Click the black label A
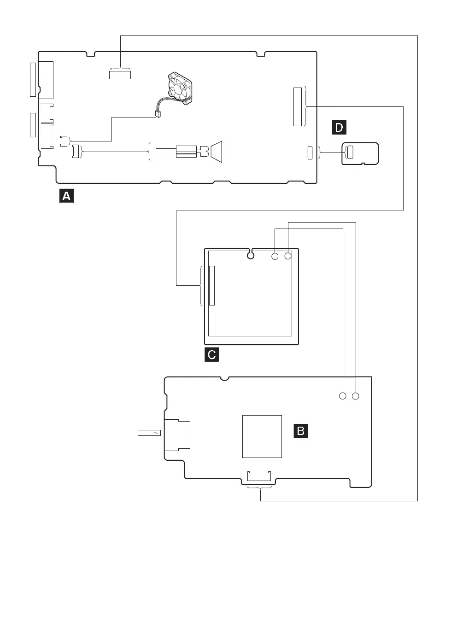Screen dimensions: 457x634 66,196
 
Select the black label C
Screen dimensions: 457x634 211,354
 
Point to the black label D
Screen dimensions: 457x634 339,127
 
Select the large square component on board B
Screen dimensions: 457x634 262,436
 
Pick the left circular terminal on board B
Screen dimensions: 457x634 342,396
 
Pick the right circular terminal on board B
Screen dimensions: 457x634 355,396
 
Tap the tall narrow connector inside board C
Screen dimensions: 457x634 212,285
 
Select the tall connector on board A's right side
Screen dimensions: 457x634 298,106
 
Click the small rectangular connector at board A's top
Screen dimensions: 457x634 120,74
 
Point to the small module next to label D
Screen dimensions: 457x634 360,153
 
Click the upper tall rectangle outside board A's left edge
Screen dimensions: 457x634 33,80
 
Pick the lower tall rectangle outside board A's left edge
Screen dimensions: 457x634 33,124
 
